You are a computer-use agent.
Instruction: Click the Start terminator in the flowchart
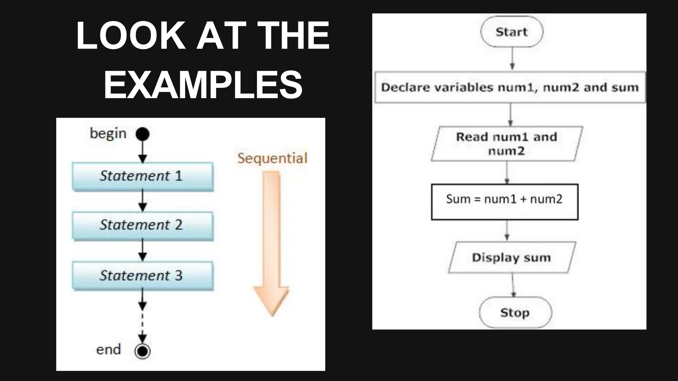511,32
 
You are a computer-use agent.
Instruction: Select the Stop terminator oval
515,312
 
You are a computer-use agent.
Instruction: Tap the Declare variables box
510,87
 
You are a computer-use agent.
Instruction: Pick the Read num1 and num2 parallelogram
507,144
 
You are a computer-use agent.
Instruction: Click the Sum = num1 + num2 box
505,202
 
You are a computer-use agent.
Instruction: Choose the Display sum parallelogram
512,257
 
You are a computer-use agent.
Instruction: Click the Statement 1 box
142,176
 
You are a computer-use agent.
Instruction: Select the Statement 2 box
142,226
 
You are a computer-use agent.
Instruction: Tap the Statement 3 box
142,275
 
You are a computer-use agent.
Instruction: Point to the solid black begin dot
143,134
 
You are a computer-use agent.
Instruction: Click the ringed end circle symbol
143,351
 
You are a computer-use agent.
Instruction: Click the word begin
108,134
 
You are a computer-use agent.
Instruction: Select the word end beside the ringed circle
108,350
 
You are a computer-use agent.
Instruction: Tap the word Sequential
272,158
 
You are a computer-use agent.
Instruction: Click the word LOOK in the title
130,35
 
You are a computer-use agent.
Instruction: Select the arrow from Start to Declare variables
512,59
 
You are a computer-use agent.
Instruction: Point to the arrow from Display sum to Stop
513,285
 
